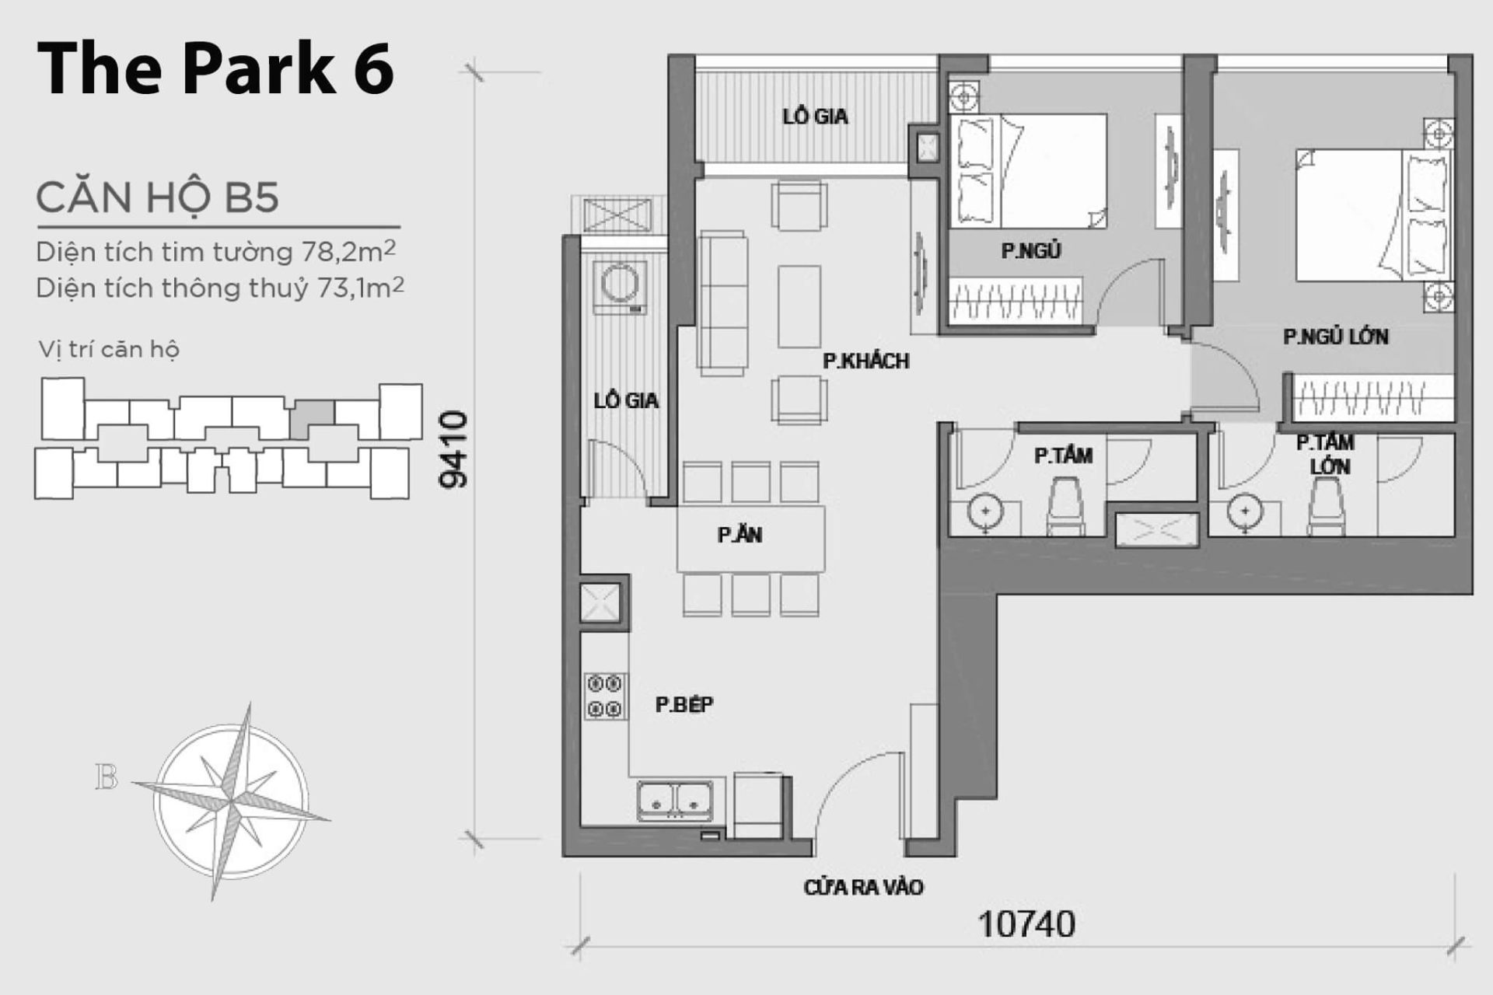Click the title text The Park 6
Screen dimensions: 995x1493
215,70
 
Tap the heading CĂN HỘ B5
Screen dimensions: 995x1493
157,197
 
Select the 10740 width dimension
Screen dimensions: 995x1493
1026,924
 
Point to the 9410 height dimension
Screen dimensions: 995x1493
454,450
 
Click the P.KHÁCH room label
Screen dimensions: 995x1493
865,361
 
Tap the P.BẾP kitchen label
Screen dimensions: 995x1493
684,704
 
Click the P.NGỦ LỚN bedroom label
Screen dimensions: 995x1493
1335,337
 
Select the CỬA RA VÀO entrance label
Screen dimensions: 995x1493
863,887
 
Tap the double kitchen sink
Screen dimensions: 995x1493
674,800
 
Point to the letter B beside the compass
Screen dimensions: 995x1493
106,777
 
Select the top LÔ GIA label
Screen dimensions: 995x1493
815,117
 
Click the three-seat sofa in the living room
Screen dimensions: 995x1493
723,303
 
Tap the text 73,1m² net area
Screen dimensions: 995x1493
361,288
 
